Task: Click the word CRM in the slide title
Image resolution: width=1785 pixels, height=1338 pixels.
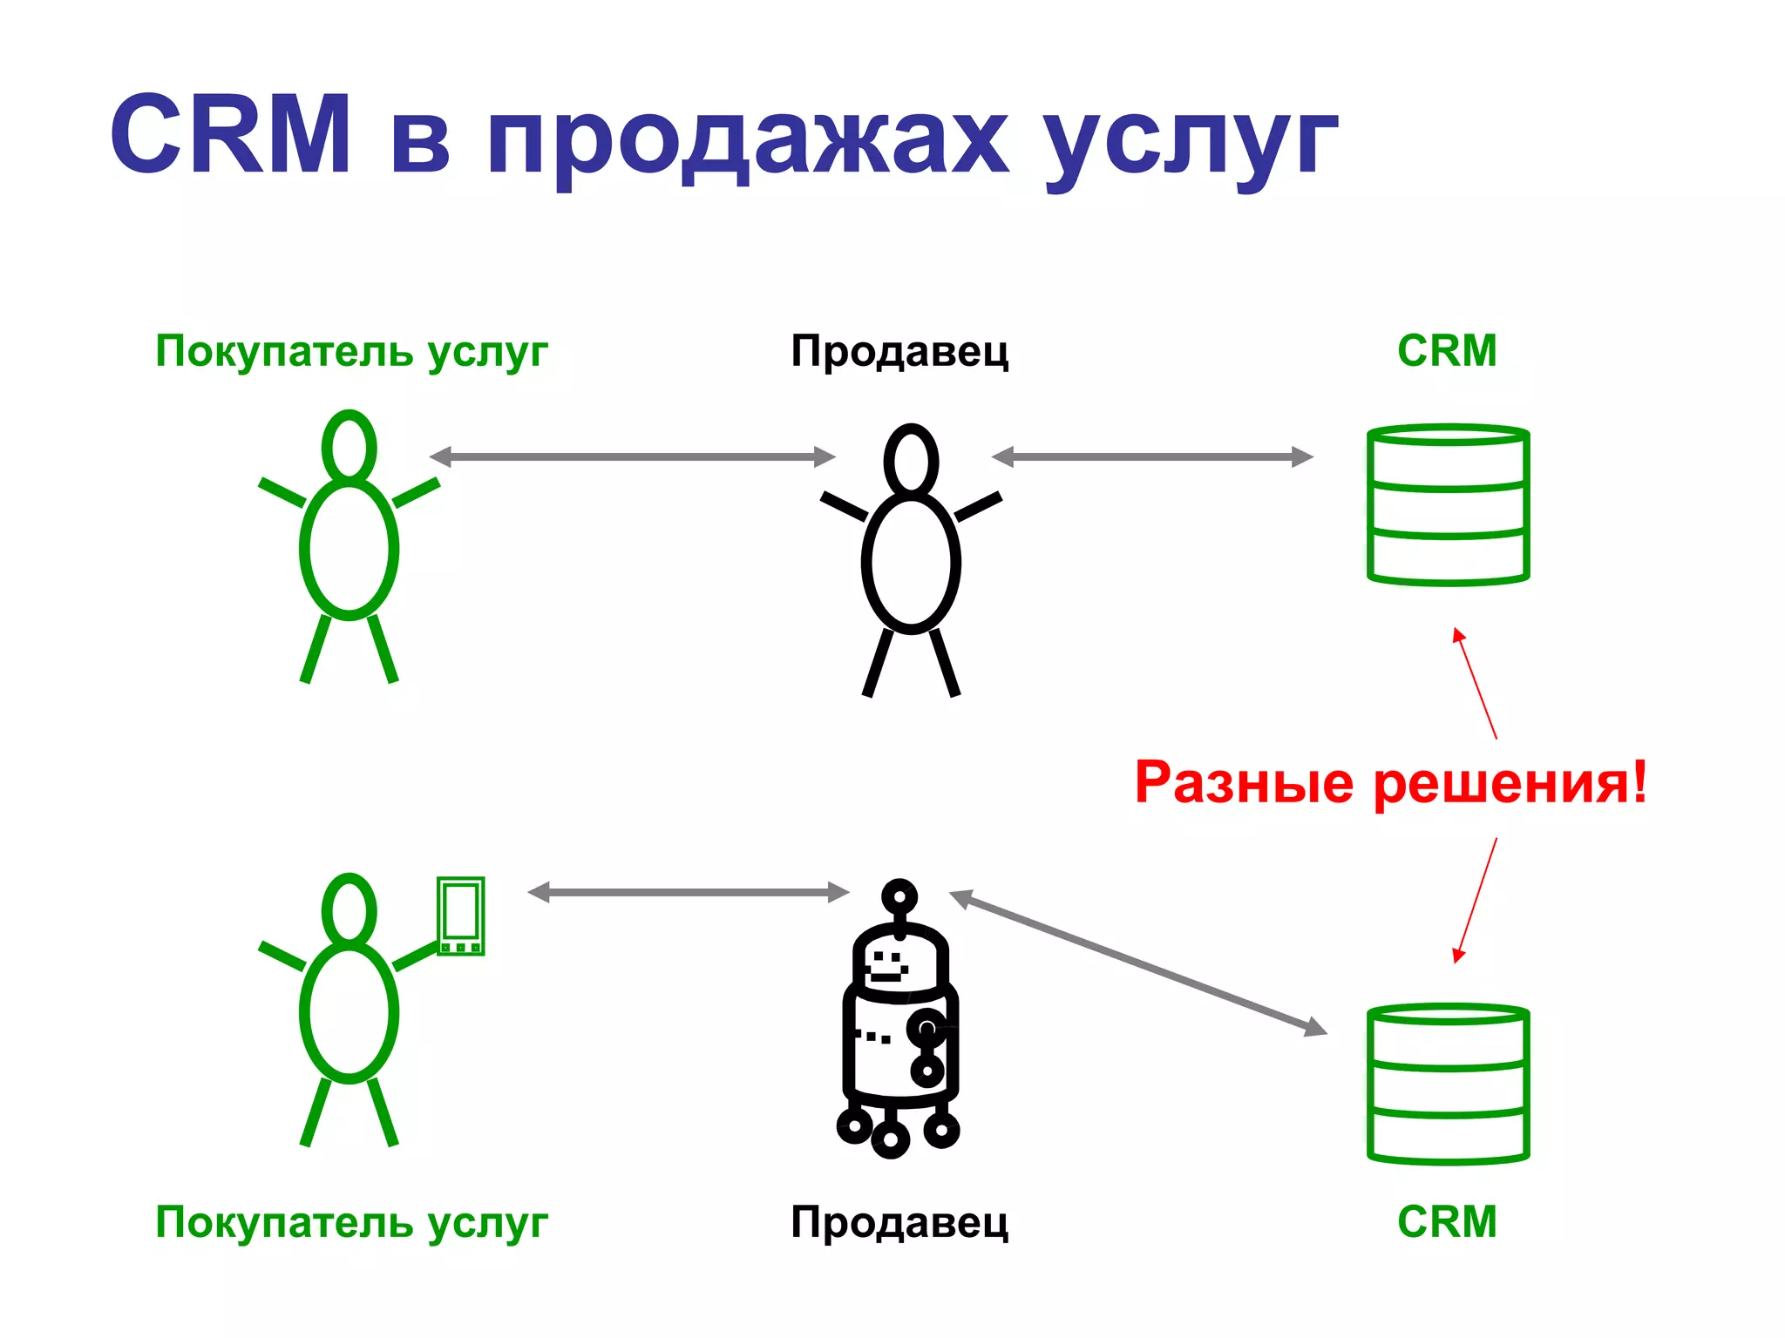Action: point(230,134)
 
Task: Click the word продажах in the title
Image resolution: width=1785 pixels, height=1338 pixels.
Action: point(748,139)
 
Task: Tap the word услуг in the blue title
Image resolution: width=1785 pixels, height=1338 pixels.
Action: point(1189,139)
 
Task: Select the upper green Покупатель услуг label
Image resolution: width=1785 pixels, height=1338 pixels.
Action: point(351,352)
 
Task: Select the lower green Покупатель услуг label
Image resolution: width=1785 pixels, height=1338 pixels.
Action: point(351,1222)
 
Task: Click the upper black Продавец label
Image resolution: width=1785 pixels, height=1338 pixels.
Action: point(899,352)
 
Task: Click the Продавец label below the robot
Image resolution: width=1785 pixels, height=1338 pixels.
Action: point(899,1222)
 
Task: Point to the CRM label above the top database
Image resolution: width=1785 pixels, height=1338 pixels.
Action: point(1447,351)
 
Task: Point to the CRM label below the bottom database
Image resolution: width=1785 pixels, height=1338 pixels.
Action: point(1447,1221)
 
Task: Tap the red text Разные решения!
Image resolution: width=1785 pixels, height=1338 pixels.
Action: point(1391,782)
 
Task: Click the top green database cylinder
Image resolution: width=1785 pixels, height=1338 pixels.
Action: point(1448,505)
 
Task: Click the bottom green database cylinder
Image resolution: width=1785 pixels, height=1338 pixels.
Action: point(1448,1085)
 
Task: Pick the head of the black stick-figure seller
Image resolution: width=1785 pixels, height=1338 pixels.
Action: point(911,460)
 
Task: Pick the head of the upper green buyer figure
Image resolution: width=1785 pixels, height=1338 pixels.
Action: point(349,446)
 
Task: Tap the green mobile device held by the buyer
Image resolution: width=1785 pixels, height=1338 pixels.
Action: point(460,916)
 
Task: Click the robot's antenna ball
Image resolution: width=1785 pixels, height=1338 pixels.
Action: point(899,895)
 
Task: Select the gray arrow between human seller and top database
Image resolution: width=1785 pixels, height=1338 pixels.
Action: point(1152,456)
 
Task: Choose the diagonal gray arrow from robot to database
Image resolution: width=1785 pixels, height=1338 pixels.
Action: point(1137,963)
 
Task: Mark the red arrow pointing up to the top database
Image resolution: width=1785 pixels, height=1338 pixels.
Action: point(1476,685)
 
